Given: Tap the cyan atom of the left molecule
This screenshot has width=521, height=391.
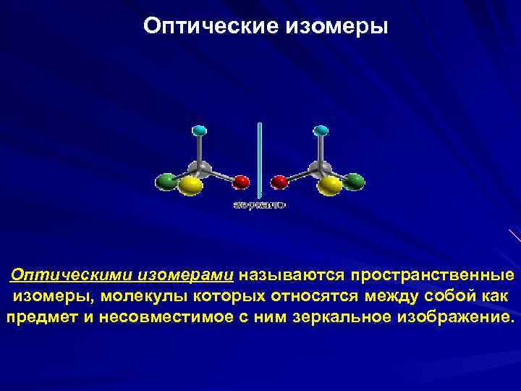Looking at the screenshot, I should click(200, 131).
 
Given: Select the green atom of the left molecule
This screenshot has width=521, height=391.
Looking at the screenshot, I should click(166, 180).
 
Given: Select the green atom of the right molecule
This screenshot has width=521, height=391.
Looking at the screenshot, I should click(353, 180).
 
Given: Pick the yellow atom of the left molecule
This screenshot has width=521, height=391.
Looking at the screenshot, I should click(190, 186).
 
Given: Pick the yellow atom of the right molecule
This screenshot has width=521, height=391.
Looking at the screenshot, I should click(329, 186).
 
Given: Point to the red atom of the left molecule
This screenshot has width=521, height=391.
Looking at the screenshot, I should click(241, 181).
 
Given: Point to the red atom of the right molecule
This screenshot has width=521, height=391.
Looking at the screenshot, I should click(278, 181).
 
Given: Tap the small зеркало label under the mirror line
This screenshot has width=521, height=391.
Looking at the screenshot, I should click(259, 206).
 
